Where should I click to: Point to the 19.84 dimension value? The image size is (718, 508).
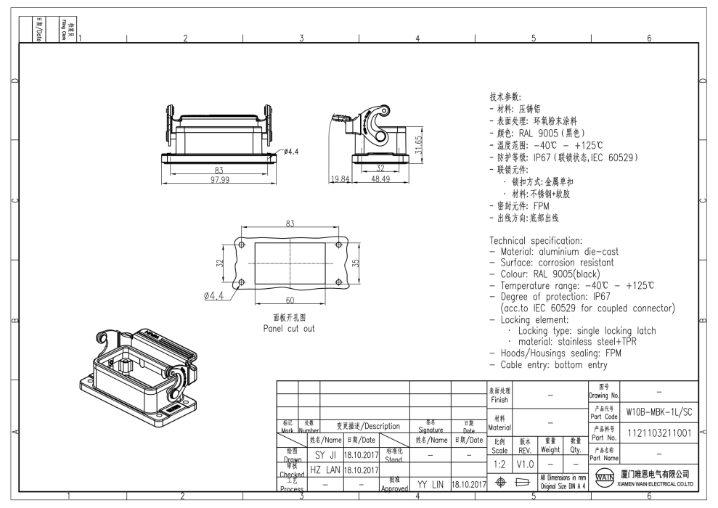[x=340, y=179]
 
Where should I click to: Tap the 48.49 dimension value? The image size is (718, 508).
[x=379, y=179]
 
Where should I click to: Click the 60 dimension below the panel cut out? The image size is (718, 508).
[x=289, y=300]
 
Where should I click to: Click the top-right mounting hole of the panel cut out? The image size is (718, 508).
[x=338, y=245]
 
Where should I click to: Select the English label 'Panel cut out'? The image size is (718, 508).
[x=289, y=328]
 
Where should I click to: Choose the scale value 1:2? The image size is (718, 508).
[x=499, y=463]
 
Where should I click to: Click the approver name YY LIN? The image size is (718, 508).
[x=431, y=484]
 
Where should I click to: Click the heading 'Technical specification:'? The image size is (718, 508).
[x=536, y=240]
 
